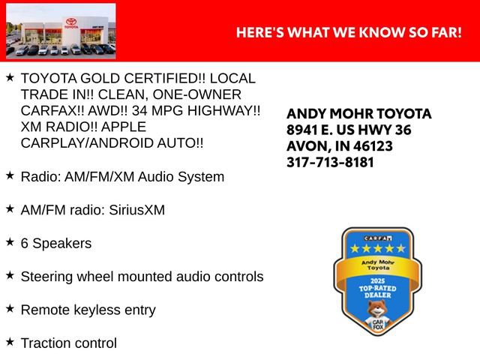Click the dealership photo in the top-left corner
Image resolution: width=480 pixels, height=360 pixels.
pos(61,31)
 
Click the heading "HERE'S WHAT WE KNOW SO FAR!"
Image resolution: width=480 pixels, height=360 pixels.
pos(349,33)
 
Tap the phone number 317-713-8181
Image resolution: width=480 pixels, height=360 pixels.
pos(330,162)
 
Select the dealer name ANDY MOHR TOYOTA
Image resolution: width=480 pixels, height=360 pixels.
pos(359,114)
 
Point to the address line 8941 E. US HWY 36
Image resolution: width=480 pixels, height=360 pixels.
pos(349,130)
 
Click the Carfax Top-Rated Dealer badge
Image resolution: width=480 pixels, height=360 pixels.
pos(373,282)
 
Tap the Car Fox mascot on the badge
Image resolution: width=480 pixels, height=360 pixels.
pos(373,313)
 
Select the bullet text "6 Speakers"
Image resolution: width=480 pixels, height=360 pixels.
pos(56,244)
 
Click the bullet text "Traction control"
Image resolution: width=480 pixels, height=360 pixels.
pos(69,343)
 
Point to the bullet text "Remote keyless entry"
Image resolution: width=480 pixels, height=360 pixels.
pos(88,310)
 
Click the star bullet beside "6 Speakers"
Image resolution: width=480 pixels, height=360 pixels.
pos(10,242)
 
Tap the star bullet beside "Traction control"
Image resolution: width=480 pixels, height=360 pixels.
pos(10,341)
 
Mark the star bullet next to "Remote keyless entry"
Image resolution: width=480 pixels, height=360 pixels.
pos(10,308)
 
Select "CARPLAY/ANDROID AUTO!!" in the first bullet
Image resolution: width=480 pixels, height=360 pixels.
pos(112,142)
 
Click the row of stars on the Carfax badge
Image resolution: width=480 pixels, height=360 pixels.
pos(373,248)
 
